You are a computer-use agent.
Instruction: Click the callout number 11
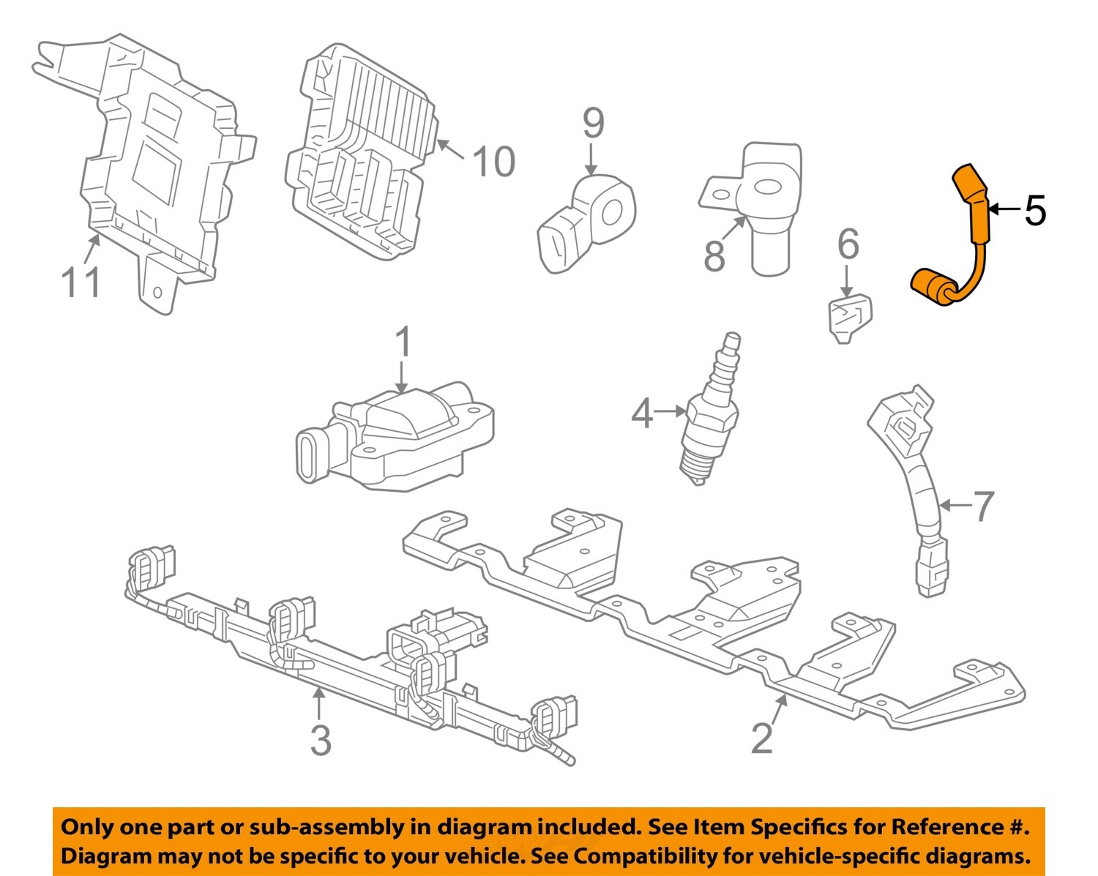81,282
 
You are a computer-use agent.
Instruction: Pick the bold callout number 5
1034,211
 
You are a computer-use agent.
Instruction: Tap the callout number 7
983,506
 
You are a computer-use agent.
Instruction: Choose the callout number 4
642,413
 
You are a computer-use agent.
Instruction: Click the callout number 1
403,343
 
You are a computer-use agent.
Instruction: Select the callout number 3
321,740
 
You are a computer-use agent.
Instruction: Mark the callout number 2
762,738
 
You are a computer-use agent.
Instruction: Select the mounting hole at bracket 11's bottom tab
157,293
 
